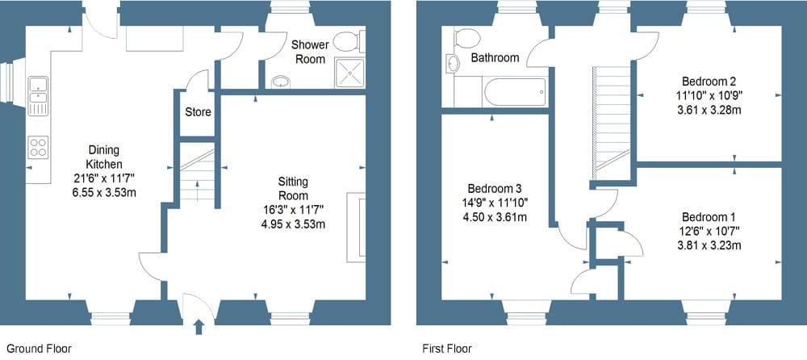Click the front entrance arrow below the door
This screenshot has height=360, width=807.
(x=199, y=327)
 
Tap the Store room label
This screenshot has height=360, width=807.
(x=198, y=112)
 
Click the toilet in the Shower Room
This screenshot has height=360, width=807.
(x=348, y=41)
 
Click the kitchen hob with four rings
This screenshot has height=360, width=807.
(x=38, y=146)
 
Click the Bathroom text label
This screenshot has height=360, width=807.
(x=495, y=58)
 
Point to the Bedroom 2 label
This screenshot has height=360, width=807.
(x=709, y=81)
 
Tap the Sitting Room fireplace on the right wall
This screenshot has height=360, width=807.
(x=356, y=226)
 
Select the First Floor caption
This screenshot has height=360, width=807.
(x=447, y=349)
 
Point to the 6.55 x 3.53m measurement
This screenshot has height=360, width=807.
(x=103, y=194)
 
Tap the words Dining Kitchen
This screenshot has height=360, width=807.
(x=103, y=157)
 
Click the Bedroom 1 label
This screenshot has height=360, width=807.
(x=709, y=217)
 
